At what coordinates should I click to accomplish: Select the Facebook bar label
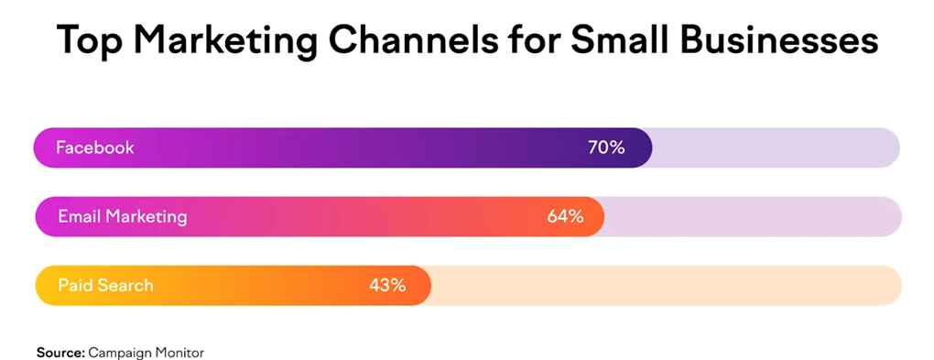(94, 147)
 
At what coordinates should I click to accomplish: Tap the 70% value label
(606, 147)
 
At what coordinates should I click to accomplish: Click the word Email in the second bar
(79, 217)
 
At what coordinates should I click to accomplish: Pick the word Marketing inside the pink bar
(147, 217)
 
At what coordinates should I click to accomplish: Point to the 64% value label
(565, 217)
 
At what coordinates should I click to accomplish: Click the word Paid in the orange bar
(75, 286)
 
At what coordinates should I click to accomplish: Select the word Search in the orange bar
(125, 286)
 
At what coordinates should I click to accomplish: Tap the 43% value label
(387, 286)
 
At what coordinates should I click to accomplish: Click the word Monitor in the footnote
(179, 352)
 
